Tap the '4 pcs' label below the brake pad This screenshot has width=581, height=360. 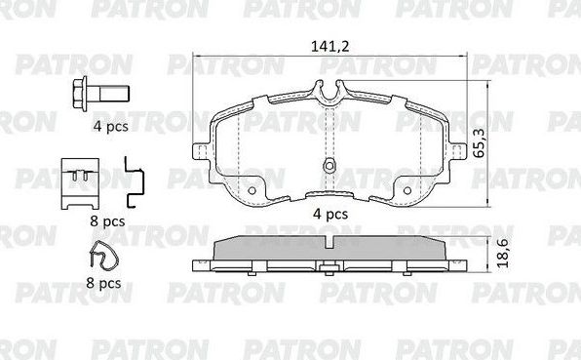click(329, 214)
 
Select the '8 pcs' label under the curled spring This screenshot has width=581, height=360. click(102, 284)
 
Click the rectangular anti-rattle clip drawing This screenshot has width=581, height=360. click(79, 182)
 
